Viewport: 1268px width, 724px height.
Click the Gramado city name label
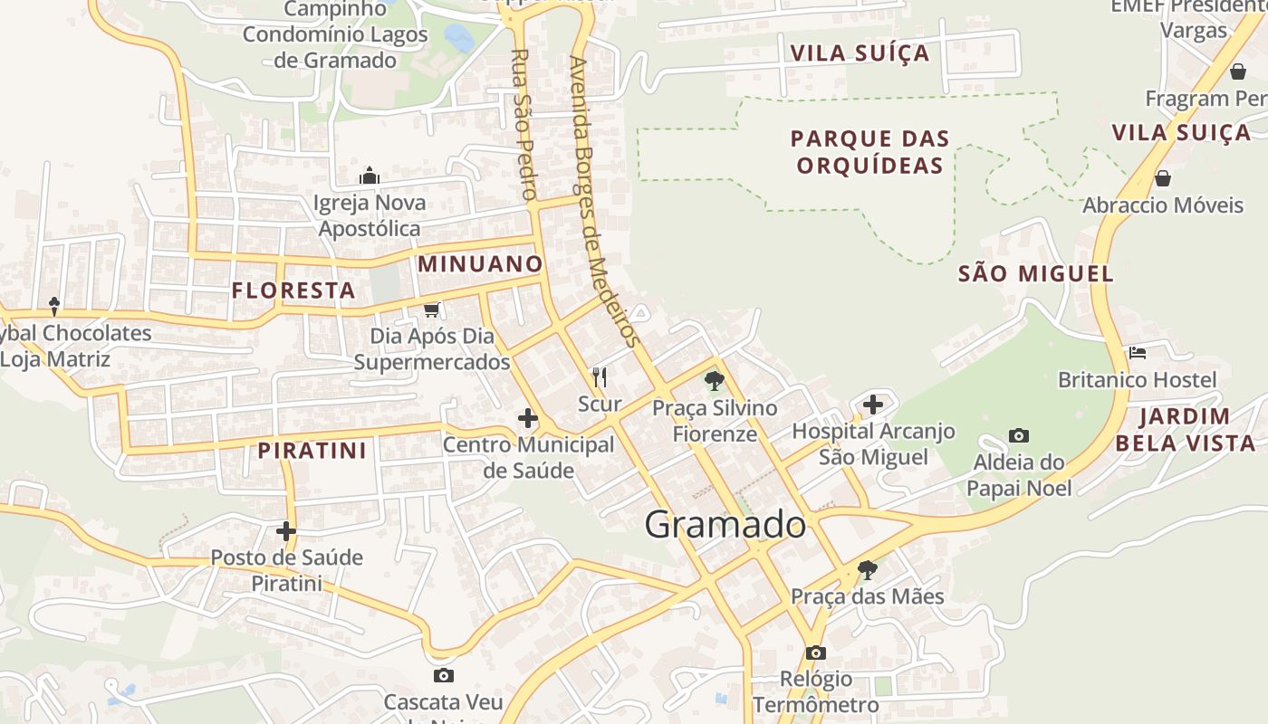(x=725, y=524)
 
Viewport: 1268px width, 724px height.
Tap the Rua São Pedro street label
(x=524, y=124)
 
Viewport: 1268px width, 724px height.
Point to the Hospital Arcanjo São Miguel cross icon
(x=873, y=404)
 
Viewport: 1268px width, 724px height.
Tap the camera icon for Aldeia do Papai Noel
(x=1019, y=436)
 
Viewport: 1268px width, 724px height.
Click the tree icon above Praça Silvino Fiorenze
(x=715, y=381)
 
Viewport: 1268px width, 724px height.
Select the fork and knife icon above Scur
(x=599, y=376)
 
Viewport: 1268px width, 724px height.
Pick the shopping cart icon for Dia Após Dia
(x=432, y=310)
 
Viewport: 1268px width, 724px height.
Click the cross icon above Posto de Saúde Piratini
(x=286, y=531)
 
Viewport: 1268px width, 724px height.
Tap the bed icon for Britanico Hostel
(x=1138, y=352)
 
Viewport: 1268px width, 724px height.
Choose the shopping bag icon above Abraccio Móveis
(x=1163, y=178)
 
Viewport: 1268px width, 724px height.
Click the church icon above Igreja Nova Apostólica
(x=369, y=176)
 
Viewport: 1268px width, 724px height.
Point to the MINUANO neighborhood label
(x=480, y=264)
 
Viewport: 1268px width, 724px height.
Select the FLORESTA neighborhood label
(x=293, y=291)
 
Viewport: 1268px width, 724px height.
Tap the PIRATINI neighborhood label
(x=312, y=451)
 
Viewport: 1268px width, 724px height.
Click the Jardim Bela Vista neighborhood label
(x=1185, y=430)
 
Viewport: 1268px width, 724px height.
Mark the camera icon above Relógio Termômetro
(x=815, y=653)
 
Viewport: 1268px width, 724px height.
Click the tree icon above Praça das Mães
(x=867, y=570)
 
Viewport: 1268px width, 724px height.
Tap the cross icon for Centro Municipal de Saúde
(x=528, y=418)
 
